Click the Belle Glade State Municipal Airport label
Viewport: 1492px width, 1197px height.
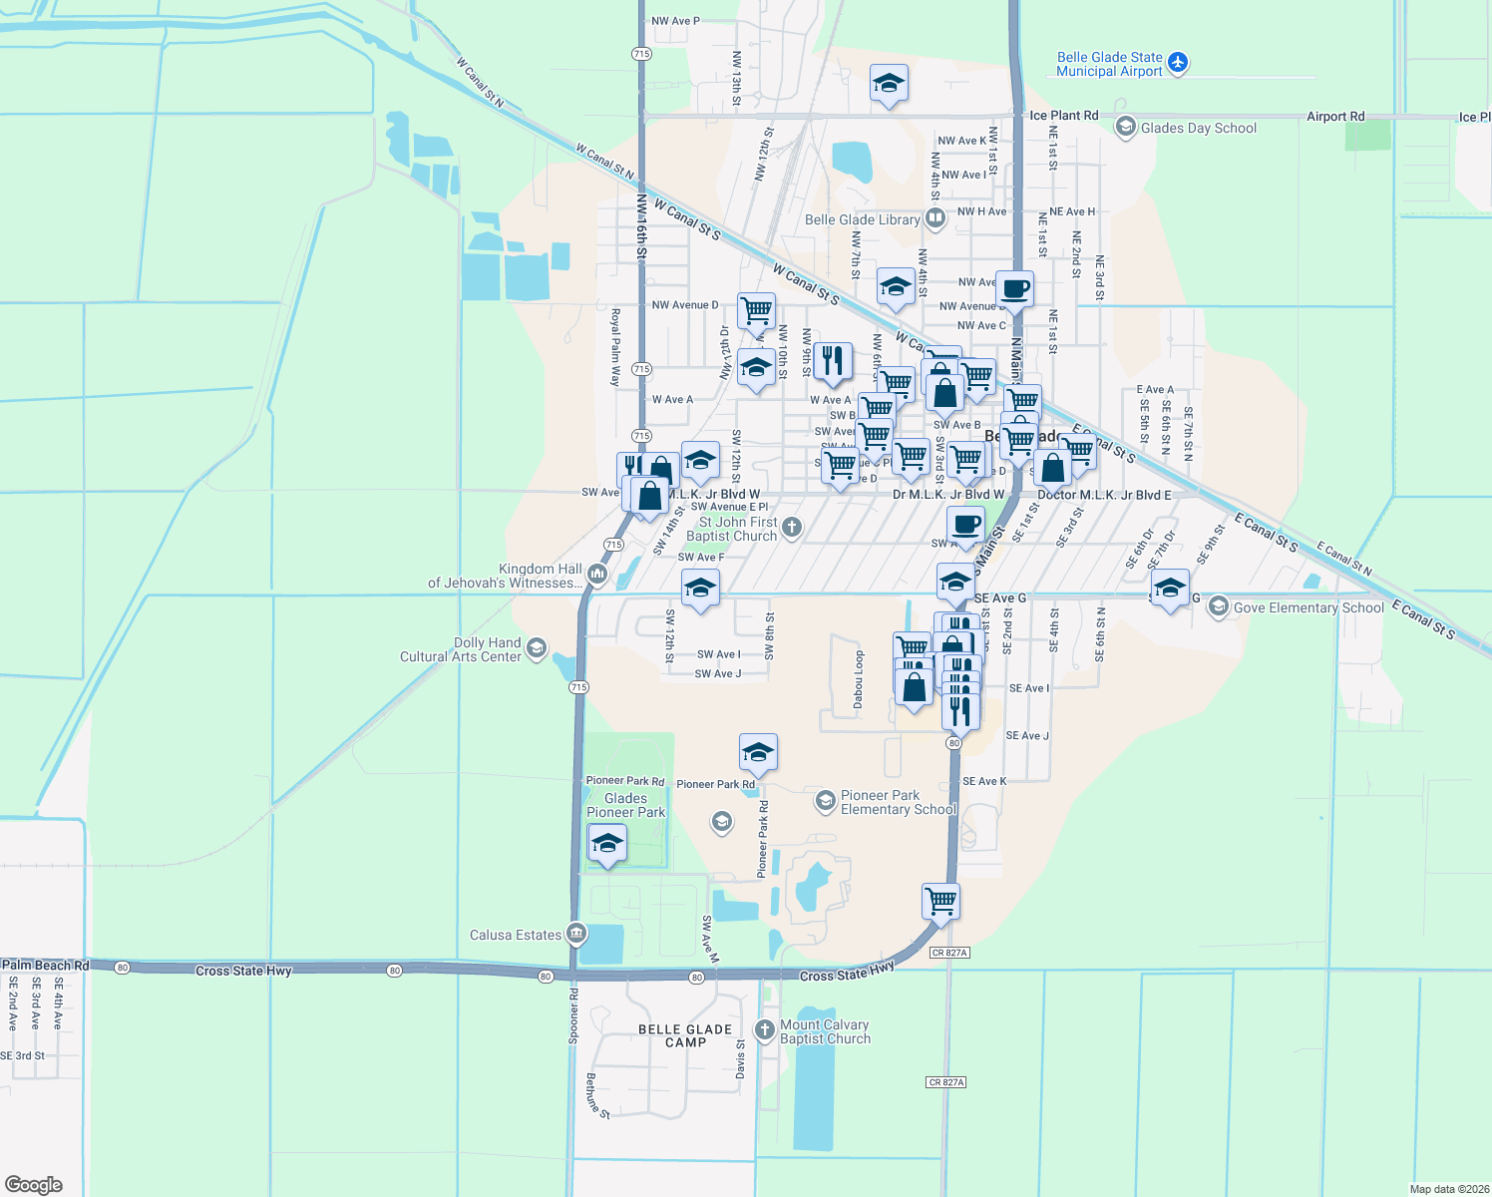click(1109, 65)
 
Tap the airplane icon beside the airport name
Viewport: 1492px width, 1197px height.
click(1178, 63)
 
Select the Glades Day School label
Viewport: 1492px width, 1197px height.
click(1198, 128)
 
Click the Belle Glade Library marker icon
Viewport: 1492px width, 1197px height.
click(934, 217)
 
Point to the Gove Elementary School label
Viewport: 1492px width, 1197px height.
click(1307, 607)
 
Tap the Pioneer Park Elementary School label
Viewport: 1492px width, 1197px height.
click(898, 803)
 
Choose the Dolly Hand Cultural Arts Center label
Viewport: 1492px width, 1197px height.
click(461, 650)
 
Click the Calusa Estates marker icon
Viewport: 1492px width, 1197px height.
click(575, 934)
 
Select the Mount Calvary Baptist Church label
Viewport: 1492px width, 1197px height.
click(824, 1031)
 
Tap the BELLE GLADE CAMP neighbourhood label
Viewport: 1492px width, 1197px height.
click(685, 1035)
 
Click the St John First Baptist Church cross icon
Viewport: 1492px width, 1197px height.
click(791, 528)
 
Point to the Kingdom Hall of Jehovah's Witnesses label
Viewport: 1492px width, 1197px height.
click(504, 576)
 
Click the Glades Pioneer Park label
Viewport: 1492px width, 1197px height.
click(625, 805)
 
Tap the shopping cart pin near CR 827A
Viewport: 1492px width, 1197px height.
click(940, 901)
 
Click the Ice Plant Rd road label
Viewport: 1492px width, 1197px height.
click(1063, 116)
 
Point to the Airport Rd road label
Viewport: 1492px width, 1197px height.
click(1335, 117)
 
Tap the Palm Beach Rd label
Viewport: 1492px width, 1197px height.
click(46, 966)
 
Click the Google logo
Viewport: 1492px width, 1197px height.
click(33, 1184)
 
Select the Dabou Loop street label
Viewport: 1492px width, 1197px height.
click(859, 680)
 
